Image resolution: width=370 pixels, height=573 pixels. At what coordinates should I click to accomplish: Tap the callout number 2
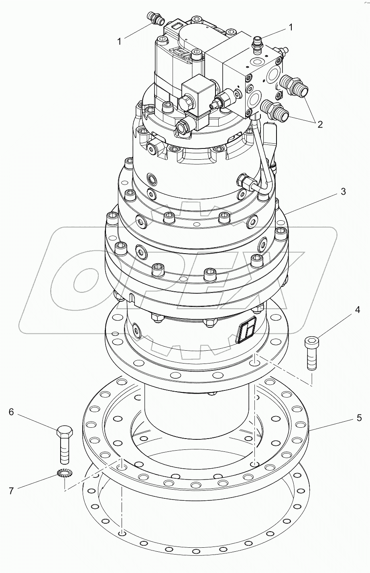(320, 124)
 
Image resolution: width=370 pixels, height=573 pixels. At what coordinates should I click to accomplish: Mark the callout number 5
(359, 418)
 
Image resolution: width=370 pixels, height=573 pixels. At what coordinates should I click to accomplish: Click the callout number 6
(11, 412)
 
